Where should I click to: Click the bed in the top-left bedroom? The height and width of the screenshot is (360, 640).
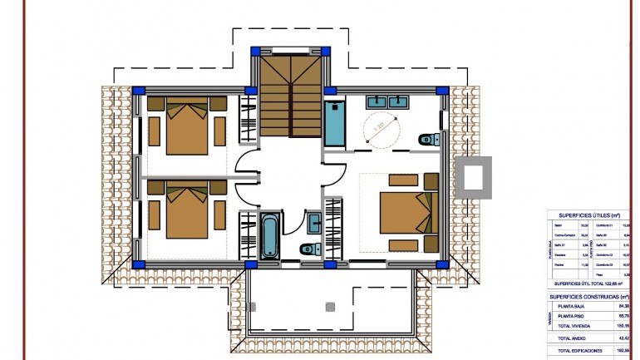pyautogui.click(x=186, y=126)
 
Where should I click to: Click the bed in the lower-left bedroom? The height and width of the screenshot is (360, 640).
pyautogui.click(x=186, y=211)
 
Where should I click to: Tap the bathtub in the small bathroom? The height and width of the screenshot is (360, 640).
pyautogui.click(x=270, y=235)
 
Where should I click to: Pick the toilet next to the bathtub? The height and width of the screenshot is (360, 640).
pyautogui.click(x=307, y=248)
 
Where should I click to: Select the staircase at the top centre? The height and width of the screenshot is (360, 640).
pyautogui.click(x=289, y=94)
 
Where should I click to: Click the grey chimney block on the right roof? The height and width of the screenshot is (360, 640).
pyautogui.click(x=474, y=177)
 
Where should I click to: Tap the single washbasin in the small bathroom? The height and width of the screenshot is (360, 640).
pyautogui.click(x=314, y=223)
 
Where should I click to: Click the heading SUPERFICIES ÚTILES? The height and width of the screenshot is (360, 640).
pyautogui.click(x=589, y=215)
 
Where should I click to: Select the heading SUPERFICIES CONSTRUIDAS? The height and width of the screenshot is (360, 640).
pyautogui.click(x=589, y=296)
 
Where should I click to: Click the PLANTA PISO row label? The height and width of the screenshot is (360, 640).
pyautogui.click(x=574, y=317)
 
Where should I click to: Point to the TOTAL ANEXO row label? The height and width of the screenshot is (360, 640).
pyautogui.click(x=575, y=338)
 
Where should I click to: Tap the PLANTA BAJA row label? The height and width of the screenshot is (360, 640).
pyautogui.click(x=574, y=306)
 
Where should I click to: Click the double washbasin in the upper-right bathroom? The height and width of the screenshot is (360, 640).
pyautogui.click(x=388, y=102)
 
